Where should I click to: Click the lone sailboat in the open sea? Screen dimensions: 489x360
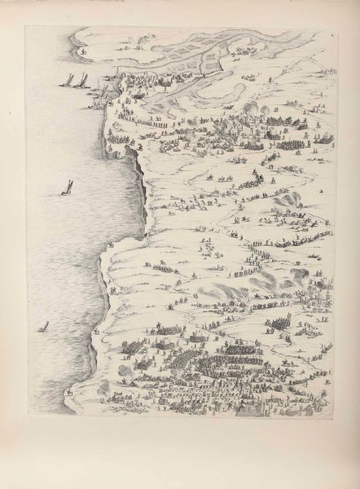click(x=64, y=188)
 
